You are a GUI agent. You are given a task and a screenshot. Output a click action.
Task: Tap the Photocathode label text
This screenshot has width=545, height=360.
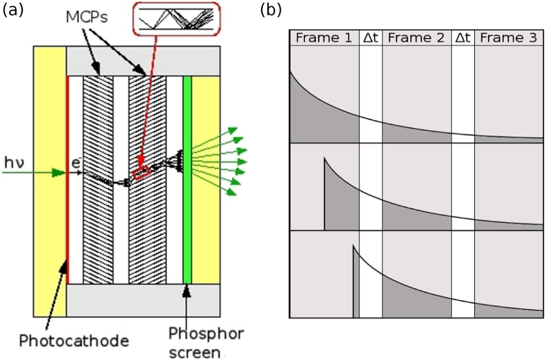tap(74, 341)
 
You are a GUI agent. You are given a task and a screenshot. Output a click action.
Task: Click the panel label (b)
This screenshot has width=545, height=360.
tap(270, 10)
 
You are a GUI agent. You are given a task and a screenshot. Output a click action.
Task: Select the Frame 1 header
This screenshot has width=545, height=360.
tap(324, 38)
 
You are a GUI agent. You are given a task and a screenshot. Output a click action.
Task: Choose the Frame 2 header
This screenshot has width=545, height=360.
tap(417, 38)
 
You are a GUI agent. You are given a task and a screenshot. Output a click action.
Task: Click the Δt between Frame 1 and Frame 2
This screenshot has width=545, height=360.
tap(371, 38)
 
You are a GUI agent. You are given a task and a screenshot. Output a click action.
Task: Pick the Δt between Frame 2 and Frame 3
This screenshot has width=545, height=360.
tap(463, 38)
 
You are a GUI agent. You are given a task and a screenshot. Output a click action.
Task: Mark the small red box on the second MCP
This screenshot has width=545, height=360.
tap(141, 173)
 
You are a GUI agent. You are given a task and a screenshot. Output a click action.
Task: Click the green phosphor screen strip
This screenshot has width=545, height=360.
tap(187, 180)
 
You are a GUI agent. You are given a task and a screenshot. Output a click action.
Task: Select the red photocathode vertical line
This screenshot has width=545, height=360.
tap(67, 180)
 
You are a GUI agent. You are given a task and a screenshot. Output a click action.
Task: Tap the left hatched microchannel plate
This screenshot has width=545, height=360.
tap(98, 180)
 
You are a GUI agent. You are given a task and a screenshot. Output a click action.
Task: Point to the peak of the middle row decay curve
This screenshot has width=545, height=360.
tap(324, 158)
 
